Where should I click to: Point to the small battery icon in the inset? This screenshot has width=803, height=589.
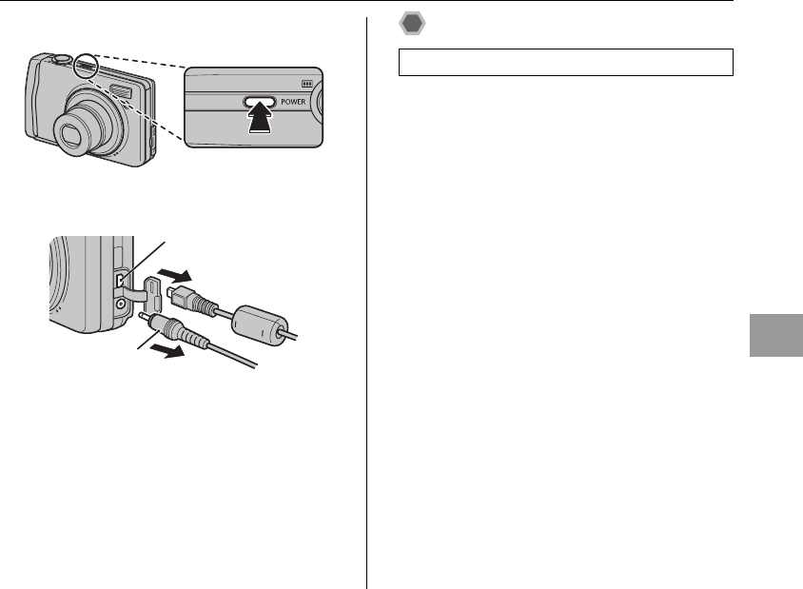tap(306, 82)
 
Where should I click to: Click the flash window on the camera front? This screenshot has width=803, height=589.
tap(121, 90)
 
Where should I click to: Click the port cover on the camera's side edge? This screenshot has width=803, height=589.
tap(152, 145)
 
